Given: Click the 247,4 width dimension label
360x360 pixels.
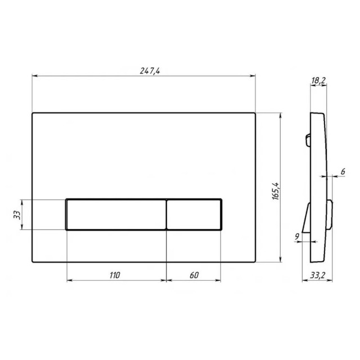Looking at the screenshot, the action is tap(150, 71).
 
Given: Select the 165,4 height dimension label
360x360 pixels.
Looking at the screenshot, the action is tap(276, 191).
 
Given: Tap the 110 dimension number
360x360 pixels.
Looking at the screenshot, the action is tap(114, 275).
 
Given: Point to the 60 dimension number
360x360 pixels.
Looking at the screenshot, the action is tap(194, 275).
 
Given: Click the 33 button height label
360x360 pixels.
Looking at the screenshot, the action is tap(17, 215).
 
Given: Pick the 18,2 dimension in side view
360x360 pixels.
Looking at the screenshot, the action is tap(318, 80).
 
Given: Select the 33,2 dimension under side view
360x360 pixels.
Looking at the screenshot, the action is tap(317, 275).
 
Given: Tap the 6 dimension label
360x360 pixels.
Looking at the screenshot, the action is tap(343, 172).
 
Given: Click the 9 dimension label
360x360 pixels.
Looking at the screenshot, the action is tap(297, 236).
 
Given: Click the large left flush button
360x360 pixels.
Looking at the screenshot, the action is tap(116, 214).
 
